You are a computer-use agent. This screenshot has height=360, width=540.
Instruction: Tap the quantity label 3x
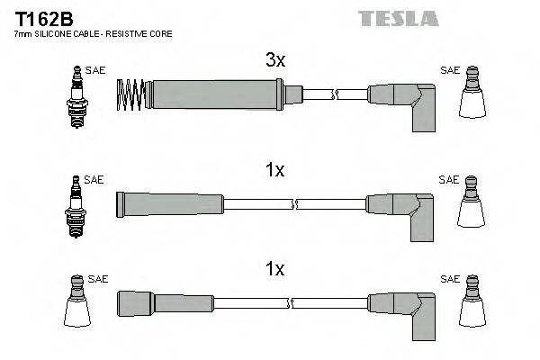pyautogui.click(x=275, y=60)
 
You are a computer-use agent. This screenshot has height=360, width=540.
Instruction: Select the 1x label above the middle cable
pyautogui.click(x=275, y=169)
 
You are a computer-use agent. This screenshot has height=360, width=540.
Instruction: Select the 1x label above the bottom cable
pyautogui.click(x=275, y=268)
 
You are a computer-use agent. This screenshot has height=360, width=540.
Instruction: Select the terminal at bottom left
pyautogui.click(x=76, y=303)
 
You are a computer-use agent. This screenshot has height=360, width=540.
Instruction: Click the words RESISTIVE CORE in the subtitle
pyautogui.click(x=143, y=33)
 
